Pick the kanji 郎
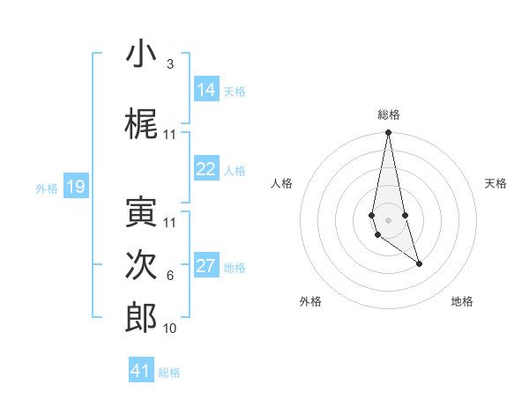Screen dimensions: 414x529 click(141, 318)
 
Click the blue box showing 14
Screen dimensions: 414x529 click(206, 90)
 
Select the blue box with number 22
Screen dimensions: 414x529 click(206, 170)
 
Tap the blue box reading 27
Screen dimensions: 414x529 click(206, 267)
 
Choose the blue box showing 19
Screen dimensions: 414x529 click(76, 187)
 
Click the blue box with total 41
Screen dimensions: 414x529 click(141, 371)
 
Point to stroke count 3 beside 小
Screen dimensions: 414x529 click(169, 64)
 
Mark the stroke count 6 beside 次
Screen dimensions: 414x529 click(169, 276)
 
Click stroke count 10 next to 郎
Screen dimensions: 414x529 click(169, 328)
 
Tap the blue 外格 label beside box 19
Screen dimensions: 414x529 click(47, 188)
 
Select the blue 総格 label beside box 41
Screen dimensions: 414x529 click(169, 373)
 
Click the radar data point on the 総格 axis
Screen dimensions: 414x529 click(388, 133)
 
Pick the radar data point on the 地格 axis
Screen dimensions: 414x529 click(419, 263)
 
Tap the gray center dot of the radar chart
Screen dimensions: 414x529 click(388, 219)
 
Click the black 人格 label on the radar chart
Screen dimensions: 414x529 click(282, 183)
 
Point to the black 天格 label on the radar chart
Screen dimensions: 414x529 click(495, 183)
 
